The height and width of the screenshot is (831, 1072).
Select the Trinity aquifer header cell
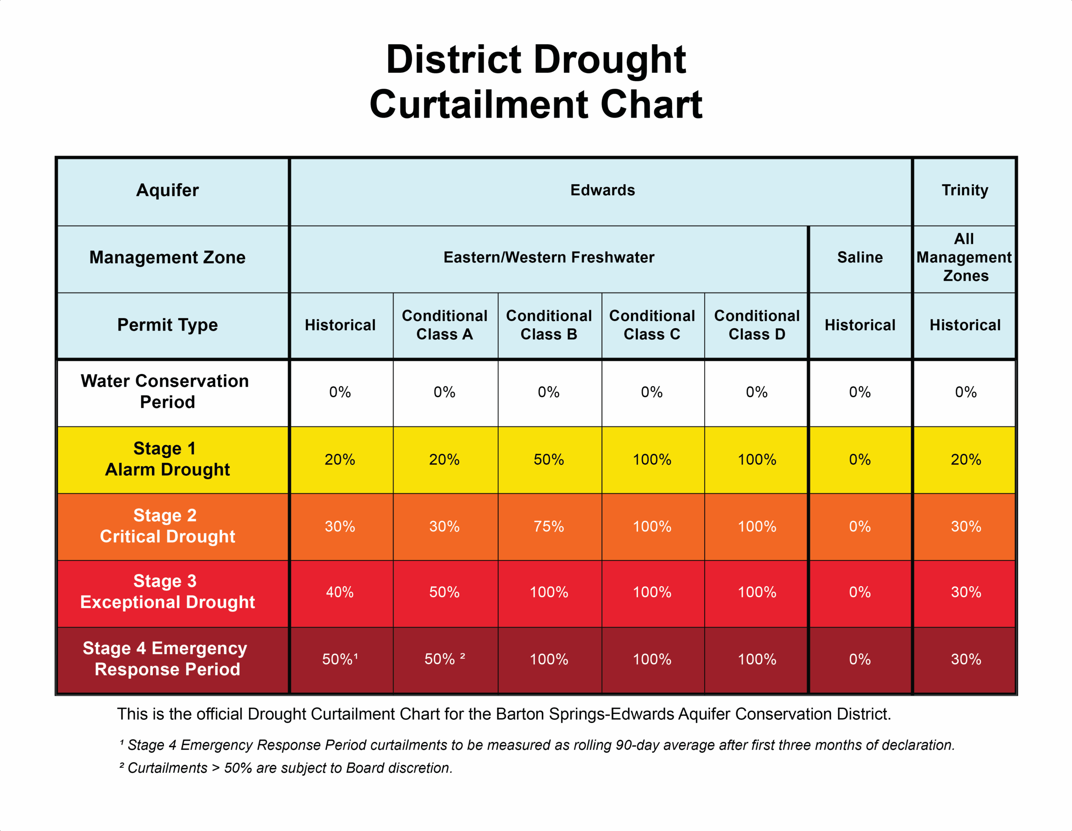tap(964, 190)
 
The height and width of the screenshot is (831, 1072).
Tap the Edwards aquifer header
tap(602, 190)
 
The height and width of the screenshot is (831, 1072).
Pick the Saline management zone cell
tap(859, 257)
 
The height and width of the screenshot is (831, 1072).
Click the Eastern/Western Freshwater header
tap(549, 257)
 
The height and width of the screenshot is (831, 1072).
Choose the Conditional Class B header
tap(549, 325)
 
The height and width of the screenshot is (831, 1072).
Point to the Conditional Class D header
tap(756, 325)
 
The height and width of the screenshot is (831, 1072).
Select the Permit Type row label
tap(167, 325)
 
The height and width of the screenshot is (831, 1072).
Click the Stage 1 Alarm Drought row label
tap(167, 459)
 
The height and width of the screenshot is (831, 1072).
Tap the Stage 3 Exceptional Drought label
tap(167, 592)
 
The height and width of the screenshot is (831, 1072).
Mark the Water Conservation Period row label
tap(165, 392)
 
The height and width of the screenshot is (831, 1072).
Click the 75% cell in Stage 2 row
tap(549, 526)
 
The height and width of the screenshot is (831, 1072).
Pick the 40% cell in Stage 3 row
tap(340, 592)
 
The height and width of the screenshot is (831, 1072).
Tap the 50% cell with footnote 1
tap(340, 659)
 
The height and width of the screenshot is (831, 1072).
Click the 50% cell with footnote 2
tap(444, 659)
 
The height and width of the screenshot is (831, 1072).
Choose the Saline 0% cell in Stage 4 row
tap(859, 659)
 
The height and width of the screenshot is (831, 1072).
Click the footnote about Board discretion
tap(286, 768)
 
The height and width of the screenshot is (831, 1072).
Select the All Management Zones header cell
tap(964, 257)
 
